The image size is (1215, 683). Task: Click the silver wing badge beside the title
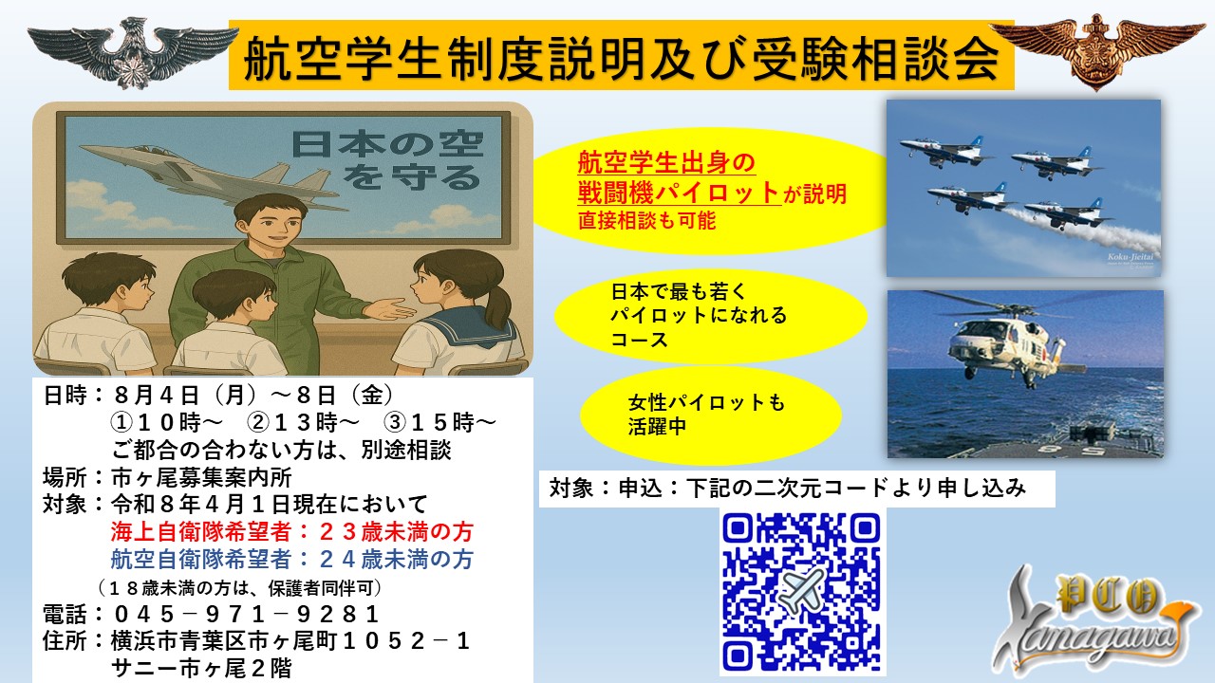pyautogui.click(x=133, y=52)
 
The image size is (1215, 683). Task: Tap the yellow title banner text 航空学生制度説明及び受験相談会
pyautogui.click(x=622, y=56)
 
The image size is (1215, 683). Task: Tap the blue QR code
pyautogui.click(x=801, y=592)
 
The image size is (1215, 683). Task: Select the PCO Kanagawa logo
pyautogui.click(x=1095, y=623)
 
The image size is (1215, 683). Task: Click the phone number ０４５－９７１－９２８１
pyautogui.click(x=246, y=615)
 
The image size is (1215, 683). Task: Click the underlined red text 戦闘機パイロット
pyautogui.click(x=679, y=193)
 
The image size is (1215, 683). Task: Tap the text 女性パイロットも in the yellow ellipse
pyautogui.click(x=706, y=403)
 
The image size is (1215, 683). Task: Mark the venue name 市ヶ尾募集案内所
pyautogui.click(x=202, y=477)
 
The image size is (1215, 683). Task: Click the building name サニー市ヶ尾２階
pyautogui.click(x=202, y=669)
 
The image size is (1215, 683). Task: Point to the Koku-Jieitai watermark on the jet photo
pyautogui.click(x=1131, y=257)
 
